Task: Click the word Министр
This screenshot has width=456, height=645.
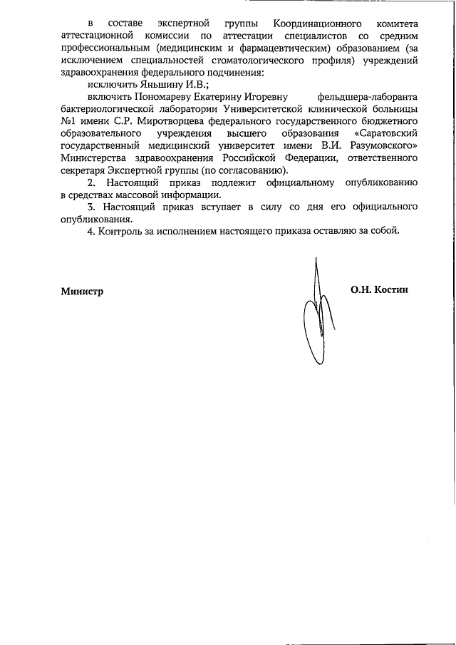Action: tap(82, 291)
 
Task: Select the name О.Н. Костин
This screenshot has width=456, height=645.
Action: tap(379, 290)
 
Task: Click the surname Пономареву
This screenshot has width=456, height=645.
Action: tap(155, 96)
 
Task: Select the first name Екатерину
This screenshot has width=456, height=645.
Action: tap(212, 96)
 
